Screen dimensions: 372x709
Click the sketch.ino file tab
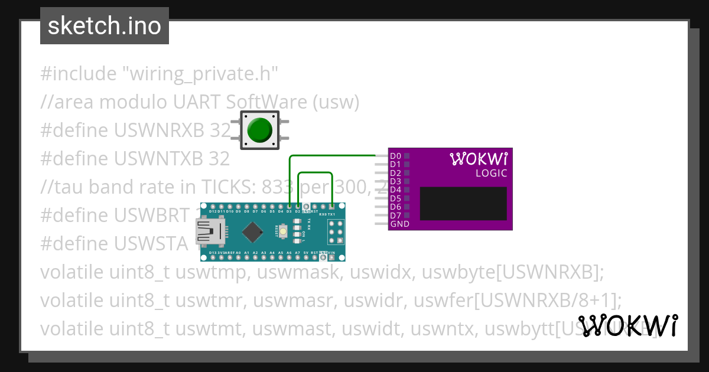[105, 26]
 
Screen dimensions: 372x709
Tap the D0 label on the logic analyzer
[395, 156]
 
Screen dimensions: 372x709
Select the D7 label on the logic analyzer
[395, 216]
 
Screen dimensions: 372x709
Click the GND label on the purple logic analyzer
[399, 224]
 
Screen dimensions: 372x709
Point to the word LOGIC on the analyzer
[491, 174]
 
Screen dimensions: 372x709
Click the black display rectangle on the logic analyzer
[463, 204]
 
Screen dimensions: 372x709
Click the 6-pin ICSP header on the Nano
[335, 232]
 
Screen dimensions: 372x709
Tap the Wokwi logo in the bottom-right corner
[627, 325]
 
